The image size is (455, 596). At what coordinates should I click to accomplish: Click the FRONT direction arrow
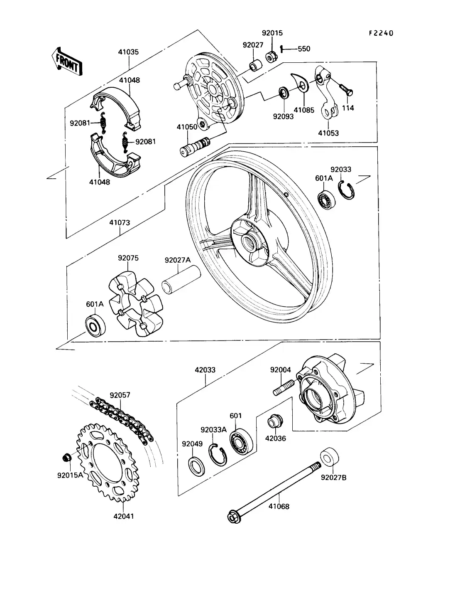pyautogui.click(x=67, y=61)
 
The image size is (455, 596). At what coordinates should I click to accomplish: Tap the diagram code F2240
pyautogui.click(x=381, y=33)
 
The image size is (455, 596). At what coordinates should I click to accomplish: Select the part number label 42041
pyautogui.click(x=123, y=516)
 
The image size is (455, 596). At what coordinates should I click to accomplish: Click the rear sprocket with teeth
pyautogui.click(x=107, y=462)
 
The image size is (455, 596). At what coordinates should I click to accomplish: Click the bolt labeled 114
pyautogui.click(x=345, y=89)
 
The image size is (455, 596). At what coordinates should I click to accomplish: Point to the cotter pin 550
pyautogui.click(x=282, y=49)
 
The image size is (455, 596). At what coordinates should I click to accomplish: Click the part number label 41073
pyautogui.click(x=120, y=222)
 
